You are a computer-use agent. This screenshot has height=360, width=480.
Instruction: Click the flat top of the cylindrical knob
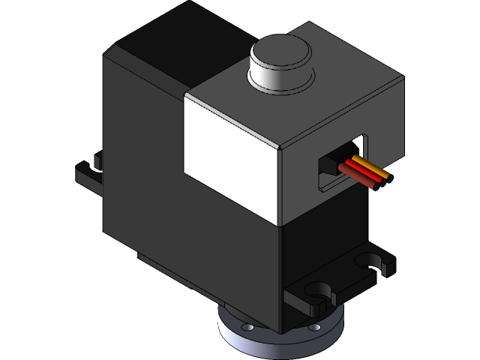pos(281,52)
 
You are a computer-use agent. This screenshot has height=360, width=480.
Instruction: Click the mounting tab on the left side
pos(88,173)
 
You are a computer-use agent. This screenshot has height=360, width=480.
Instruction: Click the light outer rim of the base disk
pos(277,345)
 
